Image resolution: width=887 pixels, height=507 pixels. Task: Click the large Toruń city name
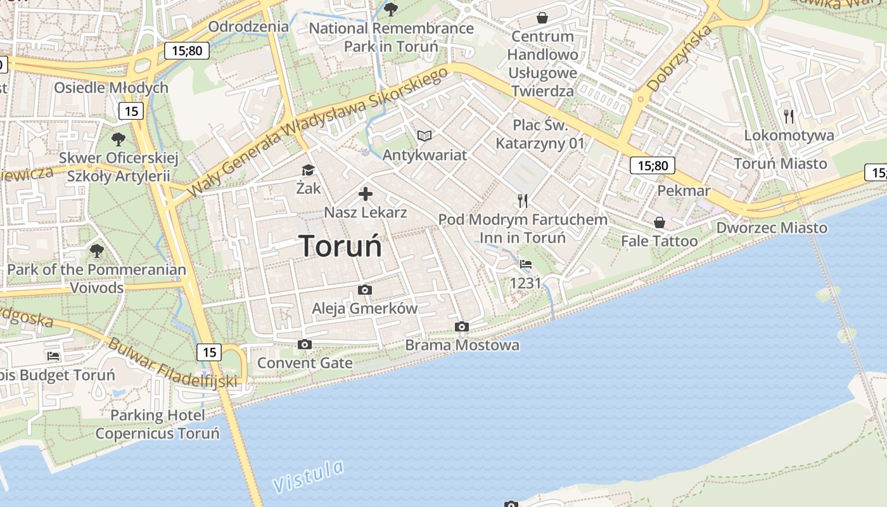coord(341,246)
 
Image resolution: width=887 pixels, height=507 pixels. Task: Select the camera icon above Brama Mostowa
coord(462,327)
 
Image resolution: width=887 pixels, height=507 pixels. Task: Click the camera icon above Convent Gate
coord(305,345)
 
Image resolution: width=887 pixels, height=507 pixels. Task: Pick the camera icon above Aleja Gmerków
coord(365,290)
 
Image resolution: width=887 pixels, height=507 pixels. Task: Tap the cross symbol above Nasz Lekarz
coord(366,194)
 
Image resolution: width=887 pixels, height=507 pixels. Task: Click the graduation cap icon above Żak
coord(308,170)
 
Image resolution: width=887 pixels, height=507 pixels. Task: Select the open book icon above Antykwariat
coord(424,136)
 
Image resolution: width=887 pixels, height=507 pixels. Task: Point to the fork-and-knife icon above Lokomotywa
coord(789,116)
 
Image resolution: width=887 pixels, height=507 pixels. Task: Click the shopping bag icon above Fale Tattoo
coord(660,222)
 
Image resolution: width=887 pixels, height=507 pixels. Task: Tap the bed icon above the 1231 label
coord(526,264)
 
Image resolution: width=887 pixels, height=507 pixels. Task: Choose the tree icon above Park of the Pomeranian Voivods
coord(97,251)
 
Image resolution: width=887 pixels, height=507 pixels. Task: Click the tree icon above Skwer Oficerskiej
coord(118,139)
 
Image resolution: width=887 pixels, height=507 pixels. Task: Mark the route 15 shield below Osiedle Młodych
coord(131,112)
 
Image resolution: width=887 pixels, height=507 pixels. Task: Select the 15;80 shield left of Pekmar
coord(653,166)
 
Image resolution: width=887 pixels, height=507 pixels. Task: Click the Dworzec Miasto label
coord(772,228)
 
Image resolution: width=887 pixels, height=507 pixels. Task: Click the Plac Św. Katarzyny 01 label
coord(540,134)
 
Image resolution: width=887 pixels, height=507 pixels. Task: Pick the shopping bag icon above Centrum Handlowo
coord(542,18)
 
